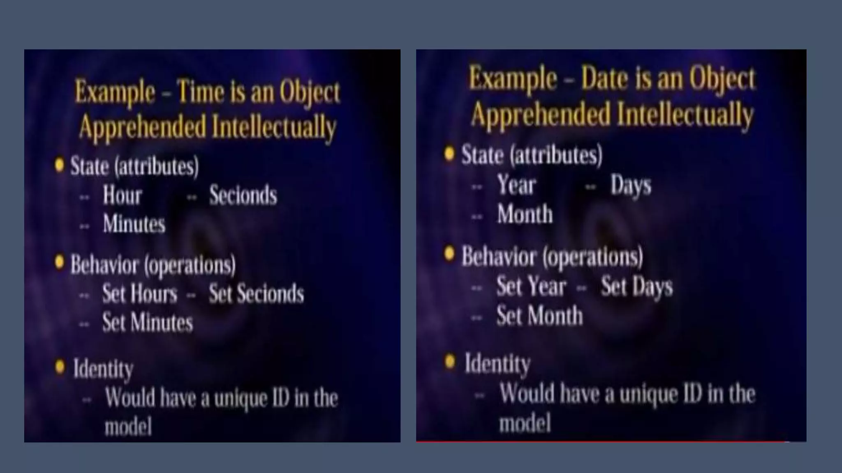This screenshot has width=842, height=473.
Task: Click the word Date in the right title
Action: pyautogui.click(x=604, y=79)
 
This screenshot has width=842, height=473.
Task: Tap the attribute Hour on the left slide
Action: pyautogui.click(x=122, y=195)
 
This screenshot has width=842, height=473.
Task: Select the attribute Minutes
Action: pyautogui.click(x=134, y=224)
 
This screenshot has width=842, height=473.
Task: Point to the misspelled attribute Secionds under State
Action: pyautogui.click(x=243, y=195)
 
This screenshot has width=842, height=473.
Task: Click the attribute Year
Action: pyautogui.click(x=516, y=185)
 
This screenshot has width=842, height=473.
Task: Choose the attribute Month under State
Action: pyautogui.click(x=525, y=214)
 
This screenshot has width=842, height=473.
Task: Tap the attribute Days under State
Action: pyautogui.click(x=631, y=185)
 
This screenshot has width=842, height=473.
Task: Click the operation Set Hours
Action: pyautogui.click(x=140, y=294)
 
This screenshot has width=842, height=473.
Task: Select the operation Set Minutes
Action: pyautogui.click(x=147, y=322)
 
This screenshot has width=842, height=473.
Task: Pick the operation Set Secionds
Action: pyautogui.click(x=256, y=294)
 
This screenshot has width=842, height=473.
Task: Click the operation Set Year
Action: pyautogui.click(x=531, y=286)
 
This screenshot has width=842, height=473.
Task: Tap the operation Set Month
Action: pyautogui.click(x=539, y=316)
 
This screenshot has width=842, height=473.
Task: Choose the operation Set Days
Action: pyautogui.click(x=637, y=286)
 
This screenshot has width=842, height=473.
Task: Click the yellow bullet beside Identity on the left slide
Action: pyautogui.click(x=60, y=367)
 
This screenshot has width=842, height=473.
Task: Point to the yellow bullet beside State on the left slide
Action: pyautogui.click(x=60, y=165)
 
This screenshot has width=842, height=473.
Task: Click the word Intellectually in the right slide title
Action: pyautogui.click(x=685, y=115)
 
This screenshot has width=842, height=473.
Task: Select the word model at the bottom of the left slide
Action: pyautogui.click(x=128, y=427)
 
